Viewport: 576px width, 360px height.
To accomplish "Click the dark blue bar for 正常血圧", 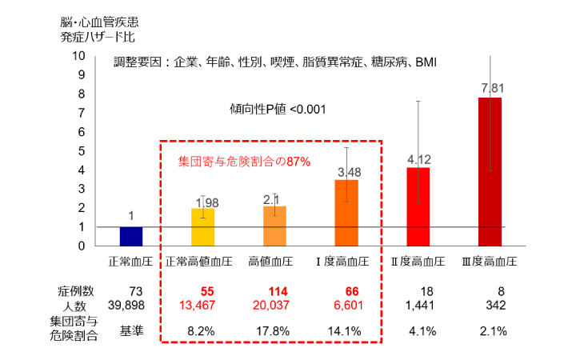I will (x=131, y=236).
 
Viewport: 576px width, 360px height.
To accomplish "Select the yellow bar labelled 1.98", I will (x=202, y=227).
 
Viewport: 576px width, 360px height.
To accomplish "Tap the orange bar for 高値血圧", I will (x=274, y=226).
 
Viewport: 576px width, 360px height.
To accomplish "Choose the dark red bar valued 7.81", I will (x=489, y=171).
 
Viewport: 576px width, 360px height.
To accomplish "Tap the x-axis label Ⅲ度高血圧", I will (x=489, y=262).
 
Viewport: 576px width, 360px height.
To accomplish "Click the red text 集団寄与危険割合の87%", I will (x=243, y=161).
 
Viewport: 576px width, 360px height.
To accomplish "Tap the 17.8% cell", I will (x=274, y=330).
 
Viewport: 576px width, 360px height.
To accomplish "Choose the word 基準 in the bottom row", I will (x=131, y=330).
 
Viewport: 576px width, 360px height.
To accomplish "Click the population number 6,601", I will (x=346, y=305).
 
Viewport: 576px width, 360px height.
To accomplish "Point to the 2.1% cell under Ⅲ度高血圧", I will (x=489, y=330).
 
